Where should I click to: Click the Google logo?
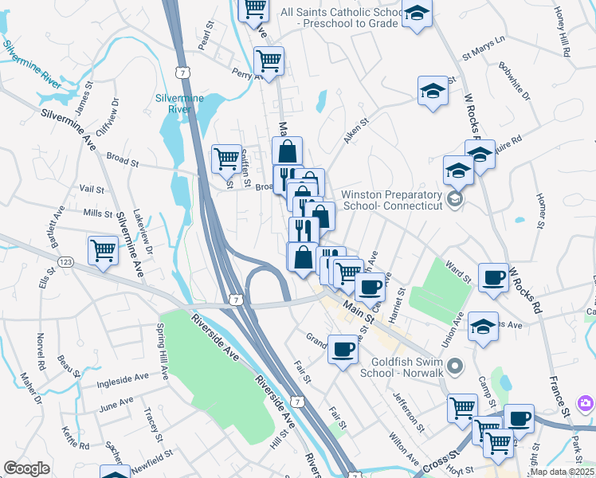click(27, 468)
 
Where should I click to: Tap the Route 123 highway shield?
click(66, 261)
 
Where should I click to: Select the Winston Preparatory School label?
click(390, 200)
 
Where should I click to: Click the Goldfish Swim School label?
click(398, 366)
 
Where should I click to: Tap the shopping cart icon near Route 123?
click(104, 250)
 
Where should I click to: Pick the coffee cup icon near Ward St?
click(494, 276)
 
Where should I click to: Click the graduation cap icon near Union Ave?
click(483, 326)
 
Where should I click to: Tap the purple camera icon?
click(586, 403)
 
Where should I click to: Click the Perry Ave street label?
click(245, 73)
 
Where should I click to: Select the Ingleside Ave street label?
click(123, 381)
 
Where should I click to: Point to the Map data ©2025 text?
click(562, 472)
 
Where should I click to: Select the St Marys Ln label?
click(484, 49)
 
